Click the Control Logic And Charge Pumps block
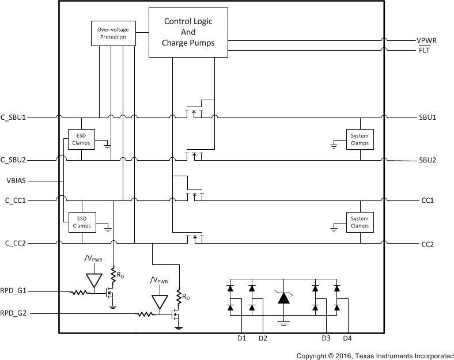[188, 32]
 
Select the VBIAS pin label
[17, 180]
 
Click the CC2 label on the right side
[427, 244]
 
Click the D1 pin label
[241, 338]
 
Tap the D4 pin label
[347, 338]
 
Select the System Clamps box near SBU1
[360, 139]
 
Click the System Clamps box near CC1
[360, 222]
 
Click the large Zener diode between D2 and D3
[283, 298]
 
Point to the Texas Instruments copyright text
[374, 355]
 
